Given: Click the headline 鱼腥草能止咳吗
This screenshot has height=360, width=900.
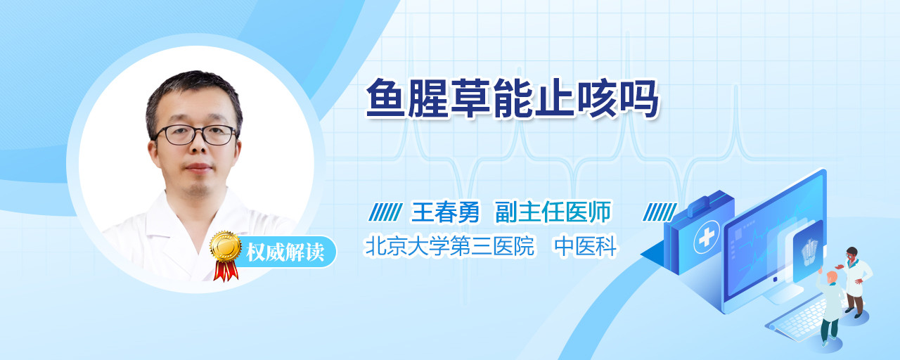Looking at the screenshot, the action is (x=512, y=98).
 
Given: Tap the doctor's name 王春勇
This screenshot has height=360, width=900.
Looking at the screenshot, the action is (x=445, y=212).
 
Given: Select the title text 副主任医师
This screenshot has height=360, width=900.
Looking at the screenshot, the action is (x=553, y=212).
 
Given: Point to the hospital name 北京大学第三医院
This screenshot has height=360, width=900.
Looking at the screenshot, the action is (x=449, y=246).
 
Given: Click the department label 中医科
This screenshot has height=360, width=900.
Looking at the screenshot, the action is (x=586, y=246).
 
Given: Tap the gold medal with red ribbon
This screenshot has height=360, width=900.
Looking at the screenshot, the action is (x=226, y=255).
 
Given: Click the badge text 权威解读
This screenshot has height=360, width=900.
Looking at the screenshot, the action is (x=285, y=252).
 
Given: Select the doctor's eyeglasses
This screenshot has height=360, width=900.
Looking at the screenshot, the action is (x=195, y=134).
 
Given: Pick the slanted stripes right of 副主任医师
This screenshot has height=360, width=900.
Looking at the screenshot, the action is (x=660, y=212).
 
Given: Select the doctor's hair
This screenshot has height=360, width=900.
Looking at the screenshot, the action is (x=194, y=96).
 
